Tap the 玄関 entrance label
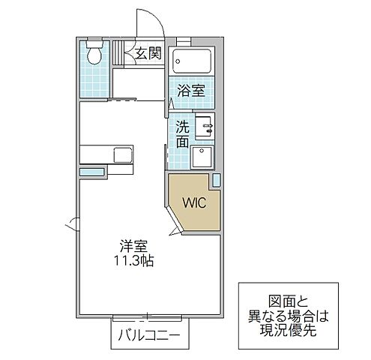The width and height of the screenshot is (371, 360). click(148, 52)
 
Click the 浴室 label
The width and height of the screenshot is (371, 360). click(192, 91)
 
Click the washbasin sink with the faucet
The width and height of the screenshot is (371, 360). click(204, 127)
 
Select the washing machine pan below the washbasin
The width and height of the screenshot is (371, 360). click(203, 157)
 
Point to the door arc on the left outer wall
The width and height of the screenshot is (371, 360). click(72, 223)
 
